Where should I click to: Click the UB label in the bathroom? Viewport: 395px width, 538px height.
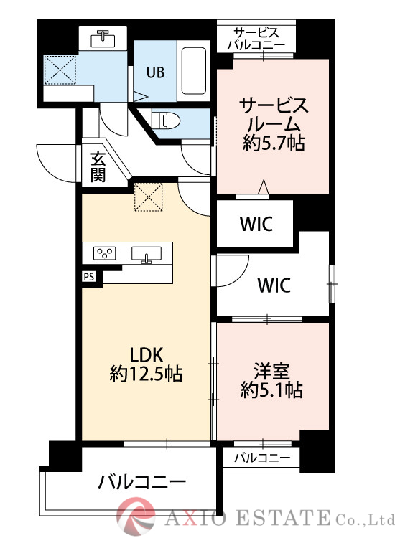pyautogui.click(x=155, y=72)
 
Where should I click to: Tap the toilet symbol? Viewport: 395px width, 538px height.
pyautogui.click(x=167, y=120)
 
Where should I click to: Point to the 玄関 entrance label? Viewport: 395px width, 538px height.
pyautogui.click(x=98, y=166)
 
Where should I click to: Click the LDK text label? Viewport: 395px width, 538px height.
pyautogui.click(x=147, y=354)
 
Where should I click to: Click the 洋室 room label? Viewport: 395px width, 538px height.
pyautogui.click(x=271, y=371)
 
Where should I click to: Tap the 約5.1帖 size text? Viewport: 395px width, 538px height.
pyautogui.click(x=271, y=390)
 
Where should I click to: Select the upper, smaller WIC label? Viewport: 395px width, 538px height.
pyautogui.click(x=255, y=224)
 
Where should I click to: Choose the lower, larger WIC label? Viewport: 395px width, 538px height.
pyautogui.click(x=274, y=285)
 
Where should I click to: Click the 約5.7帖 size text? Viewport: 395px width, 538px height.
pyautogui.click(x=274, y=143)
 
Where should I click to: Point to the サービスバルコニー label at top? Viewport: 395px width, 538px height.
pyautogui.click(x=256, y=39)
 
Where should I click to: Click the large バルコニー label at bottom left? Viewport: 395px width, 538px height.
pyautogui.click(x=142, y=481)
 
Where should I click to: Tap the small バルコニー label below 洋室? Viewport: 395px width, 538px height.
pyautogui.click(x=261, y=458)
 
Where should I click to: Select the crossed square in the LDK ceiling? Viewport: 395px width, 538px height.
pyautogui.click(x=149, y=198)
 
